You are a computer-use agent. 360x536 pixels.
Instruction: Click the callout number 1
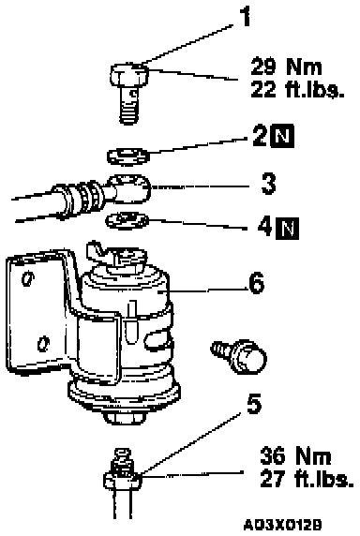tap(245, 16)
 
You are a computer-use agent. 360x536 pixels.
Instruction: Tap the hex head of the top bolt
tap(130, 75)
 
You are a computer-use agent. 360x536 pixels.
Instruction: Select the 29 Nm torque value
tap(287, 67)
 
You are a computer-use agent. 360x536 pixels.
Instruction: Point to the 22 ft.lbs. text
tap(297, 90)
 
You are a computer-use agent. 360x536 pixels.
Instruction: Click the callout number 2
tap(261, 136)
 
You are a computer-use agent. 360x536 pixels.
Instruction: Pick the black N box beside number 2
tap(282, 137)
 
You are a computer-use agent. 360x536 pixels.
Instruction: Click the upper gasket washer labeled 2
tap(128, 156)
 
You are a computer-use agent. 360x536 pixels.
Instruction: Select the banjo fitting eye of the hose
tap(131, 188)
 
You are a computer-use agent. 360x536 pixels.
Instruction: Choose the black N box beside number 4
tap(288, 228)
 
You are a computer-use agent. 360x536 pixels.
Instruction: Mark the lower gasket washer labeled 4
tap(127, 220)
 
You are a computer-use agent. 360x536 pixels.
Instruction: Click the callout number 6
tap(257, 283)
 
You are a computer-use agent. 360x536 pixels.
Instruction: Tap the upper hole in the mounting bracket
tap(27, 278)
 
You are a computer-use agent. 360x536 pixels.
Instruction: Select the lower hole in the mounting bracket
tap(43, 344)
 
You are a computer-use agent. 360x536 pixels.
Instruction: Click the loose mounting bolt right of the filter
tap(239, 356)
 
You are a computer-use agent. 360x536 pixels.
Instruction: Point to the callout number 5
tap(254, 404)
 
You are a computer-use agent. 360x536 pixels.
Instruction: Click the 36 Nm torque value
tap(295, 456)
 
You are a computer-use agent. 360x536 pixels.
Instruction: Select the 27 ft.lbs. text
tap(307, 479)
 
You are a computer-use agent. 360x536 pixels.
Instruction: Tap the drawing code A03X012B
tap(282, 524)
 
